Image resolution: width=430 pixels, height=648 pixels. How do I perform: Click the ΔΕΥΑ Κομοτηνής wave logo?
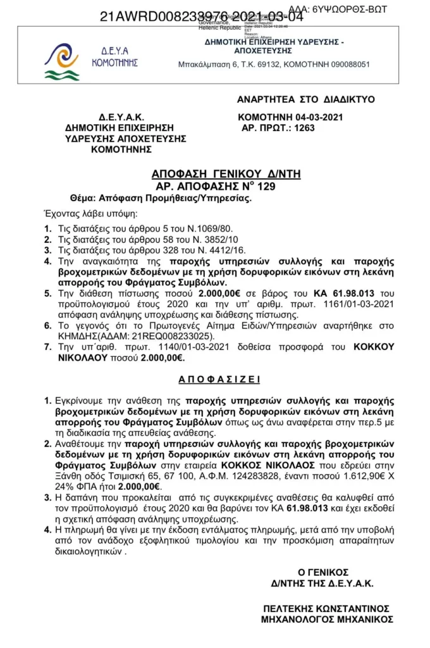pyautogui.click(x=61, y=62)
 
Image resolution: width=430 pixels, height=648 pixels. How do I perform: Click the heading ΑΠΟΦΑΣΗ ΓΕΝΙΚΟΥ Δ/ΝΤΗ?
pyautogui.click(x=216, y=174)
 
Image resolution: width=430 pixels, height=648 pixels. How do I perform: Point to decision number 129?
pyautogui.click(x=265, y=186)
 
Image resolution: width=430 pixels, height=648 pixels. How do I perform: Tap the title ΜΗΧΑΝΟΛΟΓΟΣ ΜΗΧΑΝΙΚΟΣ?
pyautogui.click(x=327, y=620)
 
